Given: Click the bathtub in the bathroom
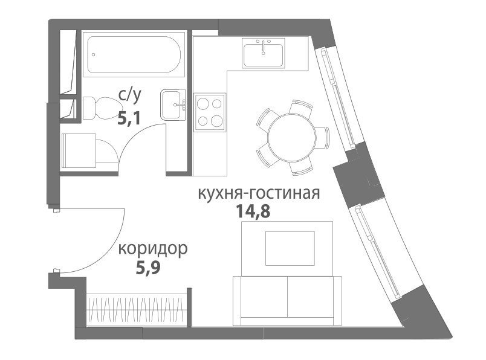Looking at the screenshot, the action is point(134,55).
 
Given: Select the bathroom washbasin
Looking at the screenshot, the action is point(173,104).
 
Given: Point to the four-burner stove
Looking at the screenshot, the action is point(210,112).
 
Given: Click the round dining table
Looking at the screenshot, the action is point(292,137).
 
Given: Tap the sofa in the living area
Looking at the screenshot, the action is point(287,301).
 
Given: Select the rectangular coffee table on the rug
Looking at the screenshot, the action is point(290,248).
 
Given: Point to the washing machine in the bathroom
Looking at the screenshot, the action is point(79,150).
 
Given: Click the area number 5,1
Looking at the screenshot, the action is point(129,118).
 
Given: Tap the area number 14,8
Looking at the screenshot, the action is point(253,211).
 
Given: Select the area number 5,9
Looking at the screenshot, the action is point(148,268).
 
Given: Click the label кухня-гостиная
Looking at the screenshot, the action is point(259,194).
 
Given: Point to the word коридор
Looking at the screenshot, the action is point(153,249).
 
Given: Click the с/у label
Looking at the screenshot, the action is point(130,95).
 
